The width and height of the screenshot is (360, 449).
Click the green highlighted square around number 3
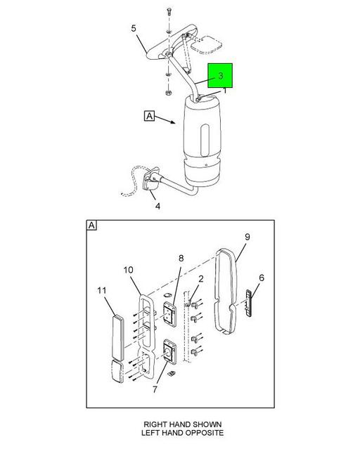pyautogui.click(x=220, y=75)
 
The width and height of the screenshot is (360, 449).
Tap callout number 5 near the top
pyautogui.click(x=134, y=29)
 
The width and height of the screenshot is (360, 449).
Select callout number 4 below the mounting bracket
pyautogui.click(x=157, y=206)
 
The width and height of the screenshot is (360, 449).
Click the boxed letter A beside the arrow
pyautogui.click(x=149, y=116)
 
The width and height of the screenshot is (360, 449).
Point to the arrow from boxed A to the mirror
pyautogui.click(x=165, y=119)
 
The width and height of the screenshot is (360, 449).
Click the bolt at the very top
pyautogui.click(x=169, y=12)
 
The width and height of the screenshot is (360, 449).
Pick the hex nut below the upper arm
pyautogui.click(x=169, y=93)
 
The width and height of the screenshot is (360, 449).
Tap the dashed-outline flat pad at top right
pyautogui.click(x=207, y=45)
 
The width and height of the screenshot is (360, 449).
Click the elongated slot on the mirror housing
pyautogui.click(x=205, y=141)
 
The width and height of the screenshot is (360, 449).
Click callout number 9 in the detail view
pyautogui.click(x=247, y=237)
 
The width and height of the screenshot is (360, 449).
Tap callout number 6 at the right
pyautogui.click(x=262, y=278)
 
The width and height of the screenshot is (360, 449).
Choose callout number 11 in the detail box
pyautogui.click(x=102, y=290)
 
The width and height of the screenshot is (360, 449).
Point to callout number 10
pyautogui.click(x=129, y=270)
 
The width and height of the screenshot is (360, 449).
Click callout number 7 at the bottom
pyautogui.click(x=155, y=389)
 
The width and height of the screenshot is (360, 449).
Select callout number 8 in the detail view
pyautogui.click(x=181, y=259)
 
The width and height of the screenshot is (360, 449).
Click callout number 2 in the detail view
pyautogui.click(x=201, y=279)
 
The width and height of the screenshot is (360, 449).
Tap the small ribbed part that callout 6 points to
pyautogui.click(x=248, y=303)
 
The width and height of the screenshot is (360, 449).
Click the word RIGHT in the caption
pyautogui.click(x=155, y=424)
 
